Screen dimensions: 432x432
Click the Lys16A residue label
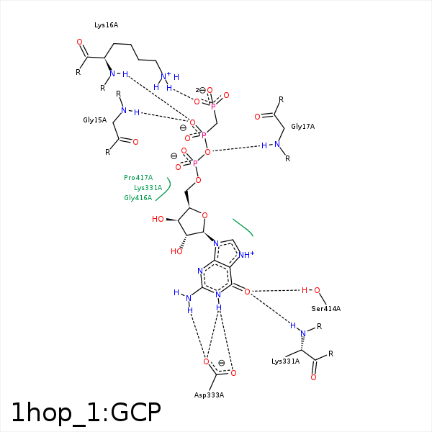106,25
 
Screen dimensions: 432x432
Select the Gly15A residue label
95,120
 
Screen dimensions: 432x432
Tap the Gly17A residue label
303,127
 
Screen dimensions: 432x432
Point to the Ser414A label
326,309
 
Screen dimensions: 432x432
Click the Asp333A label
209,395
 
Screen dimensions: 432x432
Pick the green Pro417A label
138,178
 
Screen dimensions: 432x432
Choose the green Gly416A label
138,198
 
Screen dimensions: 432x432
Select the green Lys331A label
148,188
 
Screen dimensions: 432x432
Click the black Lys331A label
285,361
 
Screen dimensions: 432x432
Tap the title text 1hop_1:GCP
86,413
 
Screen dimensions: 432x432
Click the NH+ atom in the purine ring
246,255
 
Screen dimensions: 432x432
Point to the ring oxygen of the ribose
204,215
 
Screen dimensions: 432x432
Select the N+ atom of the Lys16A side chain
166,76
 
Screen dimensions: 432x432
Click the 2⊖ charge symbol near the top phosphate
201,90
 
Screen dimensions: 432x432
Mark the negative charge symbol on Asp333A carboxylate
221,363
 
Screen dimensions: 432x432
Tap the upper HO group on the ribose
158,219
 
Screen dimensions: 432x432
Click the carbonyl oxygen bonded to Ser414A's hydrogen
247,292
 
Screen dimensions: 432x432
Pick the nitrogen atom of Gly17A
277,144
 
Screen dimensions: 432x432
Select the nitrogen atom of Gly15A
124,110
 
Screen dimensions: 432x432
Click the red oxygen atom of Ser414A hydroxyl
317,290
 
